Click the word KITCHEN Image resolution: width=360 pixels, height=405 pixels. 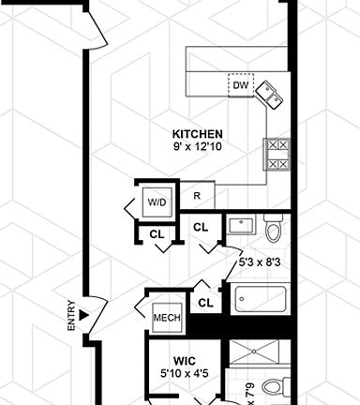tap(198, 133)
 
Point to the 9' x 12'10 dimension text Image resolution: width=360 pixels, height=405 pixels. tap(199, 147)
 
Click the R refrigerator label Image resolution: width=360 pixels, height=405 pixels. tap(197, 196)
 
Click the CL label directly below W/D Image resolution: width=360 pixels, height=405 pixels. tap(156, 233)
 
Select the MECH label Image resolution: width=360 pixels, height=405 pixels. tap(166, 317)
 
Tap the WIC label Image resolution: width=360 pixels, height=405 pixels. tap(184, 360)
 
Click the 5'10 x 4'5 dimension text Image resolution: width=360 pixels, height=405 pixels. tap(183, 375)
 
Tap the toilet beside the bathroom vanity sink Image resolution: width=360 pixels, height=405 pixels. tap(273, 228)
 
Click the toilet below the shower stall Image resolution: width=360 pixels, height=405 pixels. tap(274, 387)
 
